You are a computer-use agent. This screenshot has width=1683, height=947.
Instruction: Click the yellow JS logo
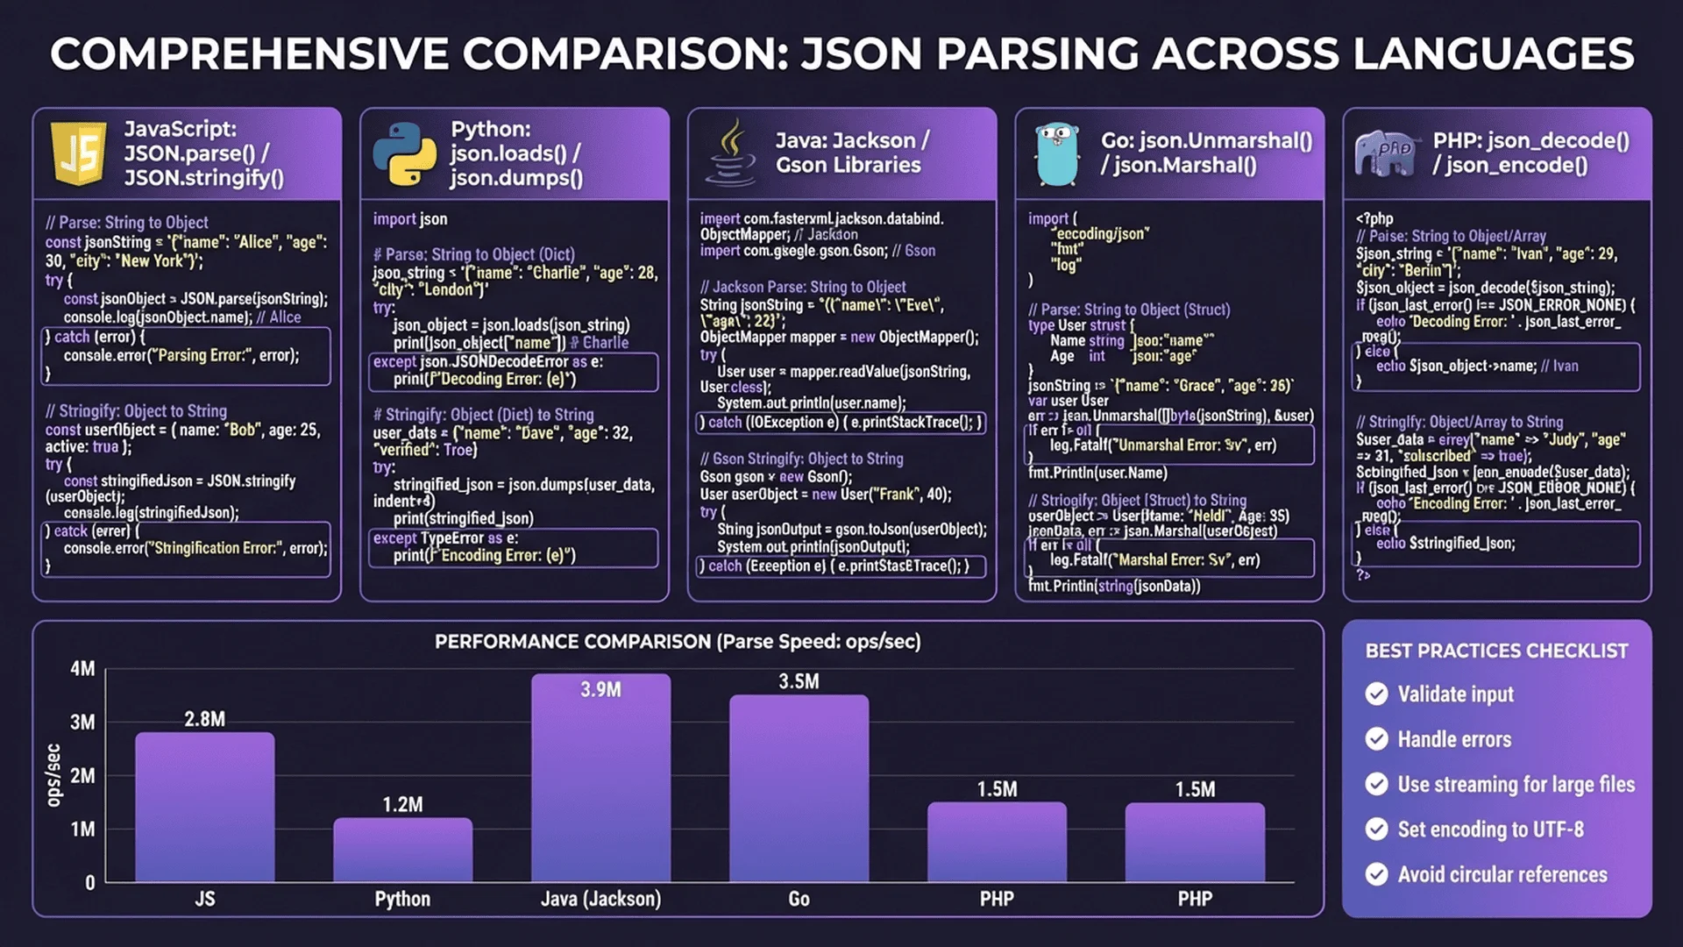[79, 153]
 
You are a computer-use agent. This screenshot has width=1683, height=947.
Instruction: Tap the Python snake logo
[404, 154]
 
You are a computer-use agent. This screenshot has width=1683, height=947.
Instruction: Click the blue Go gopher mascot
[1056, 154]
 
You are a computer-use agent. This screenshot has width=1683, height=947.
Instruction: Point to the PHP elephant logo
[1385, 153]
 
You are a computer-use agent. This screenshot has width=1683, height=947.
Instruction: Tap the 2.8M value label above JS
[204, 719]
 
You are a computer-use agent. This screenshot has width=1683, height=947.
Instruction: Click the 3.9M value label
[600, 690]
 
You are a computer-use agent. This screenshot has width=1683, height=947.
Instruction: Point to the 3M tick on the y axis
[82, 723]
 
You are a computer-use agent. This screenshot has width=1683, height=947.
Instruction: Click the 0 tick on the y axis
[89, 883]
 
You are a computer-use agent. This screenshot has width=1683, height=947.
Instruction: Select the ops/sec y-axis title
[53, 775]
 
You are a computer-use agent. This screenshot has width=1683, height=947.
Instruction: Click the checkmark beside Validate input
[1376, 694]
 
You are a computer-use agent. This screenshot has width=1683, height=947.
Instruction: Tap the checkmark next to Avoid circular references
[1376, 874]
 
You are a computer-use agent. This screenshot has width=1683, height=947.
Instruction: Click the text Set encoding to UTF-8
[1490, 830]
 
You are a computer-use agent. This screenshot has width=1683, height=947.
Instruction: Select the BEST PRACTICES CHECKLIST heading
[1496, 651]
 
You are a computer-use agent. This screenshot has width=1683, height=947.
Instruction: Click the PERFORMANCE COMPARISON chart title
[678, 642]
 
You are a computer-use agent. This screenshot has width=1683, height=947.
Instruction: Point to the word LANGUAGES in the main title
[1493, 54]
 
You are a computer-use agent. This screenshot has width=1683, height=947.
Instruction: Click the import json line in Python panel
[409, 219]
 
